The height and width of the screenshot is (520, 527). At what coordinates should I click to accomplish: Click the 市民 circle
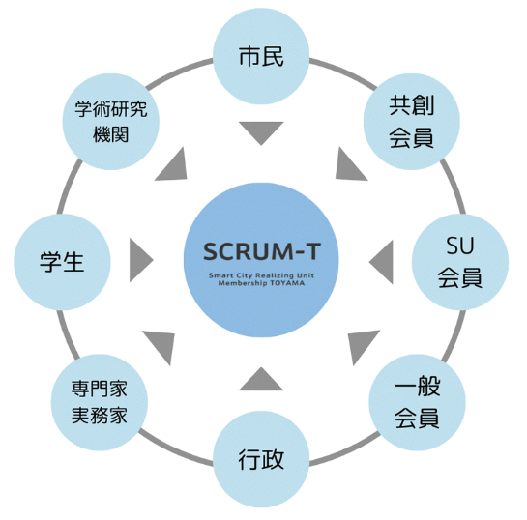pyautogui.click(x=261, y=56)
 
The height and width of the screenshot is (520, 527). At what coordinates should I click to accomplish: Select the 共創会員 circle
pyautogui.click(x=412, y=122)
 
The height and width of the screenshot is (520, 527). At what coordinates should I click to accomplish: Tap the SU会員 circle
pyautogui.click(x=460, y=262)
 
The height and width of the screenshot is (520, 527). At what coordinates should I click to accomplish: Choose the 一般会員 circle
pyautogui.click(x=417, y=402)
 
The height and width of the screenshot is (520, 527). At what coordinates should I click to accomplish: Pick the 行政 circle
pyautogui.click(x=261, y=459)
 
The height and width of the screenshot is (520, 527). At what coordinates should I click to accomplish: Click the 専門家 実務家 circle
pyautogui.click(x=100, y=402)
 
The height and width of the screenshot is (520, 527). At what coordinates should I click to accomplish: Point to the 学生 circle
pyautogui.click(x=62, y=262)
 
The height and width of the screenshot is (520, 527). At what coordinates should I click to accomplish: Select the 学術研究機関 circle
pyautogui.click(x=111, y=122)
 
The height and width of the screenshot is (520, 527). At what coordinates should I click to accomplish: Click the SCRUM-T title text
pyautogui.click(x=262, y=251)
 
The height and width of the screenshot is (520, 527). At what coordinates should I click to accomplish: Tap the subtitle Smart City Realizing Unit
pyautogui.click(x=261, y=275)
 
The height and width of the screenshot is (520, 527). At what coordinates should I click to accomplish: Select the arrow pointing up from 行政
pyautogui.click(x=261, y=379)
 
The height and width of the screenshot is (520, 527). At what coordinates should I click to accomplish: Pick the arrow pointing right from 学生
pyautogui.click(x=141, y=260)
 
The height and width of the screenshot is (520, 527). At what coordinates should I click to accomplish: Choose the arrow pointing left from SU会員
pyautogui.click(x=381, y=262)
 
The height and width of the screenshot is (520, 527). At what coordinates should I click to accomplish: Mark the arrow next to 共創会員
pyautogui.click(x=348, y=166)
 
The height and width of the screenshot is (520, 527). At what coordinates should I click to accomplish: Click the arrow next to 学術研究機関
pyautogui.click(x=174, y=166)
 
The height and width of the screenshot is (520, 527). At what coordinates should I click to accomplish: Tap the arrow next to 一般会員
pyautogui.click(x=362, y=345)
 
